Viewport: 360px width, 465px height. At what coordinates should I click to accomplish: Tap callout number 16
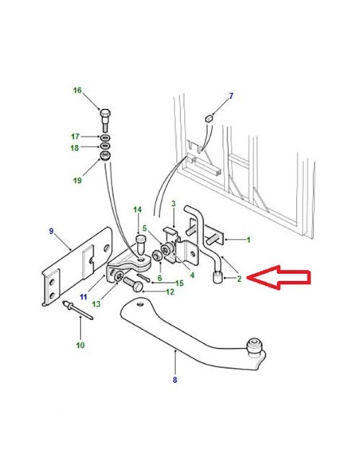click(x=77, y=90)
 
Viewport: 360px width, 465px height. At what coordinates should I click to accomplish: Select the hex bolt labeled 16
click(x=105, y=120)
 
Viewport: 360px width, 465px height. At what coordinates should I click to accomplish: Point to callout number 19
click(x=77, y=180)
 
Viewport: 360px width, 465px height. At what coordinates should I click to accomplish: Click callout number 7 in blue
click(x=231, y=96)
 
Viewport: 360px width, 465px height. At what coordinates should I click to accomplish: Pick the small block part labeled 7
click(x=209, y=119)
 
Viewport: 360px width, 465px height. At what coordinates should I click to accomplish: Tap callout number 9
click(x=51, y=231)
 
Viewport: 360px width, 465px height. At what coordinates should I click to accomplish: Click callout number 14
click(x=137, y=209)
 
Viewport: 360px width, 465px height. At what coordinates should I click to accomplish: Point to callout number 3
click(x=174, y=204)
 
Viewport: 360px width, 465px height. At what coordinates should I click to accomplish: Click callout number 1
click(x=248, y=240)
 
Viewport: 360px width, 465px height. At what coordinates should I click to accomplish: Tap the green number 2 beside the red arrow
click(x=239, y=279)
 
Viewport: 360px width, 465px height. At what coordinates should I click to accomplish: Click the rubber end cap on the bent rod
click(x=218, y=278)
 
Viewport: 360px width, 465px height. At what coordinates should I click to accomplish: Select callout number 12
click(x=170, y=292)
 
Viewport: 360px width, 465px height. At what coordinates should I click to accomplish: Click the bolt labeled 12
click(x=134, y=283)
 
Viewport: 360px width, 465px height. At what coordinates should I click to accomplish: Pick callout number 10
click(x=80, y=346)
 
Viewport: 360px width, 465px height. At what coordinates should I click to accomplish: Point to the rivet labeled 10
click(x=78, y=311)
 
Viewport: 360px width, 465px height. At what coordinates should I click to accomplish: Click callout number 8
click(x=175, y=380)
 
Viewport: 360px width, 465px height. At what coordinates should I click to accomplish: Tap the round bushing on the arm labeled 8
click(x=254, y=347)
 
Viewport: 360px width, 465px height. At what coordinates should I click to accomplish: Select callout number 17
click(x=75, y=136)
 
